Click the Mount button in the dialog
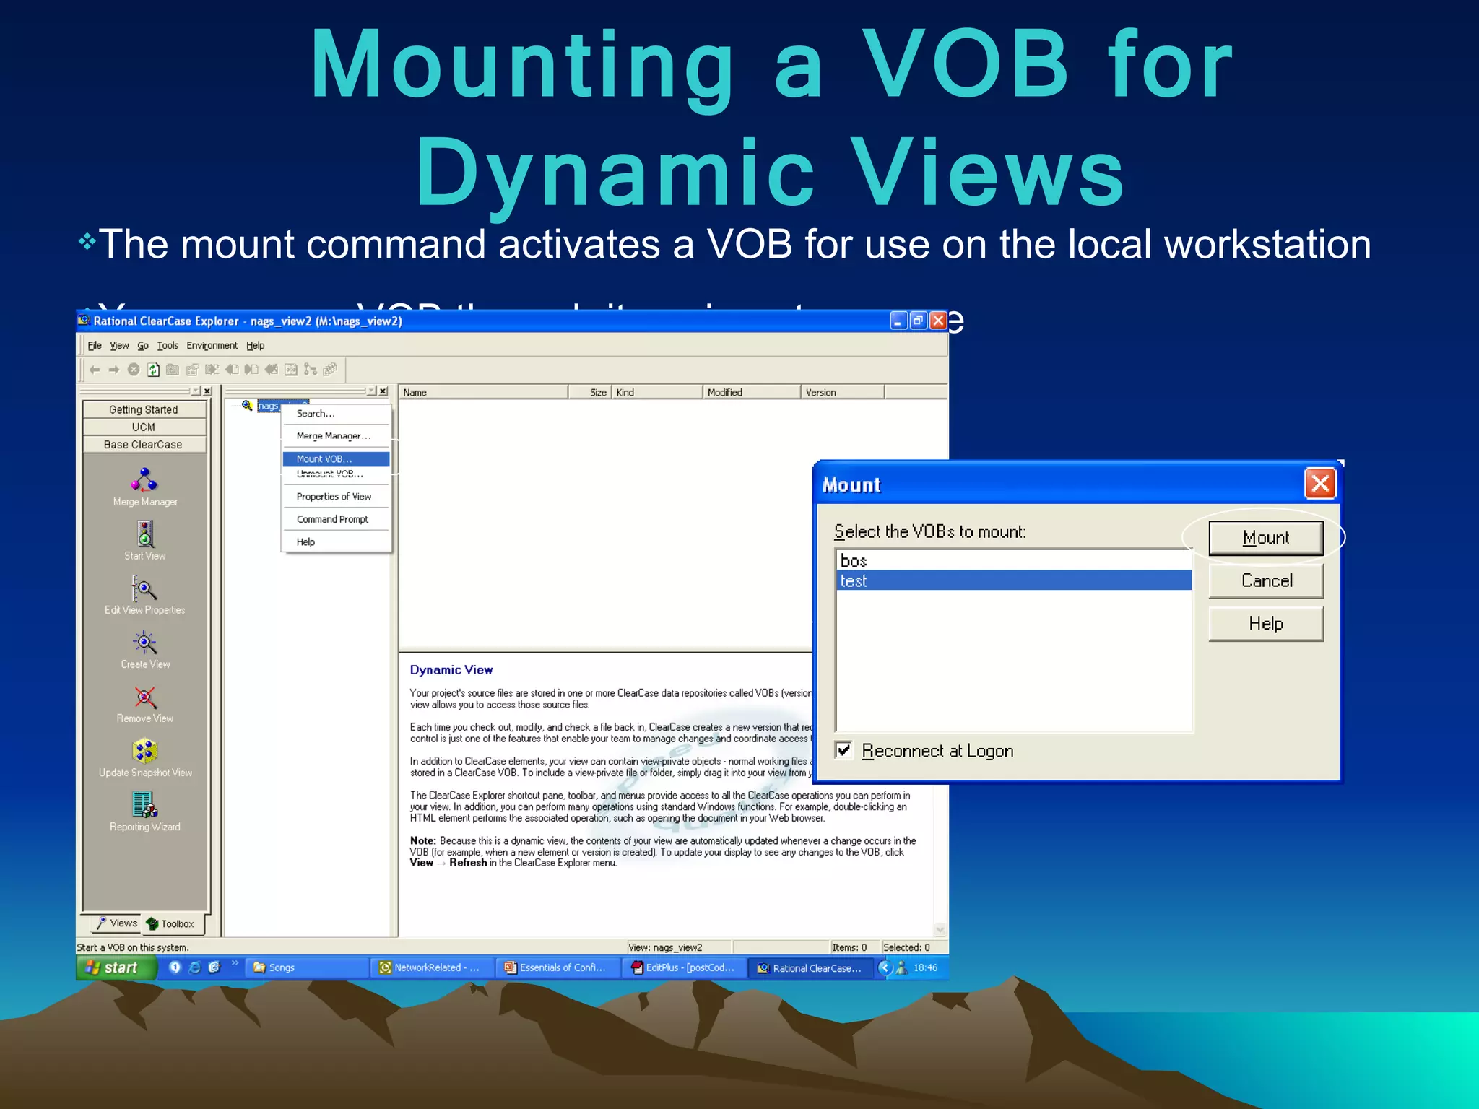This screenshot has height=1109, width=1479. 1265,538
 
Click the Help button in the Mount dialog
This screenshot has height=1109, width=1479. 1265,624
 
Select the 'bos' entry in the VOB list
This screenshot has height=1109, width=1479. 854,561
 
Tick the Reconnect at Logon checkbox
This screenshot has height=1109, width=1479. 843,750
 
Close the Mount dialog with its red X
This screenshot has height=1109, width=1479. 1319,483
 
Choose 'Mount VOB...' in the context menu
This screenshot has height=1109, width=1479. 324,459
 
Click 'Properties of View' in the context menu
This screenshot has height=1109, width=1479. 334,497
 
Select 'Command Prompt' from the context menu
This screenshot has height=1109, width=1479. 332,519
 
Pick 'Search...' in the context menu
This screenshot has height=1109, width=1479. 316,414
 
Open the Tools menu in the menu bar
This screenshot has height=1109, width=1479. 168,346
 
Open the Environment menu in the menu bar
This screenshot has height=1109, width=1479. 212,346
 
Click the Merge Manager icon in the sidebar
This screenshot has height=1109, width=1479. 144,480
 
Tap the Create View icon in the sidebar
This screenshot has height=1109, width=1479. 144,643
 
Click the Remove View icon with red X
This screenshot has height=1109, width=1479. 144,697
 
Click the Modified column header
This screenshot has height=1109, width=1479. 725,392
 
